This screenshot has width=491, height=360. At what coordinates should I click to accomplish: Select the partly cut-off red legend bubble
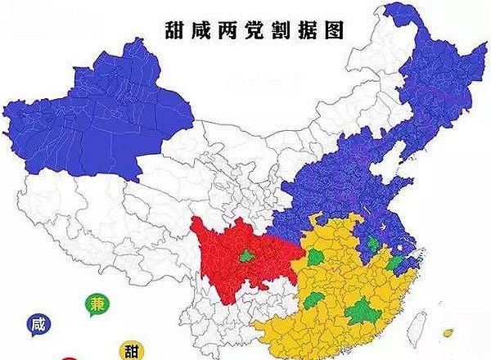(70, 358)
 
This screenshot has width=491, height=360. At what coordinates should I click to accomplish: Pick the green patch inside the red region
(244, 256)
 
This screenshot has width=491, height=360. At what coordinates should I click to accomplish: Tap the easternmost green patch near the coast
(399, 263)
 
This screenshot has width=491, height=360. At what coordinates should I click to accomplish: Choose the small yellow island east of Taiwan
(448, 334)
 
